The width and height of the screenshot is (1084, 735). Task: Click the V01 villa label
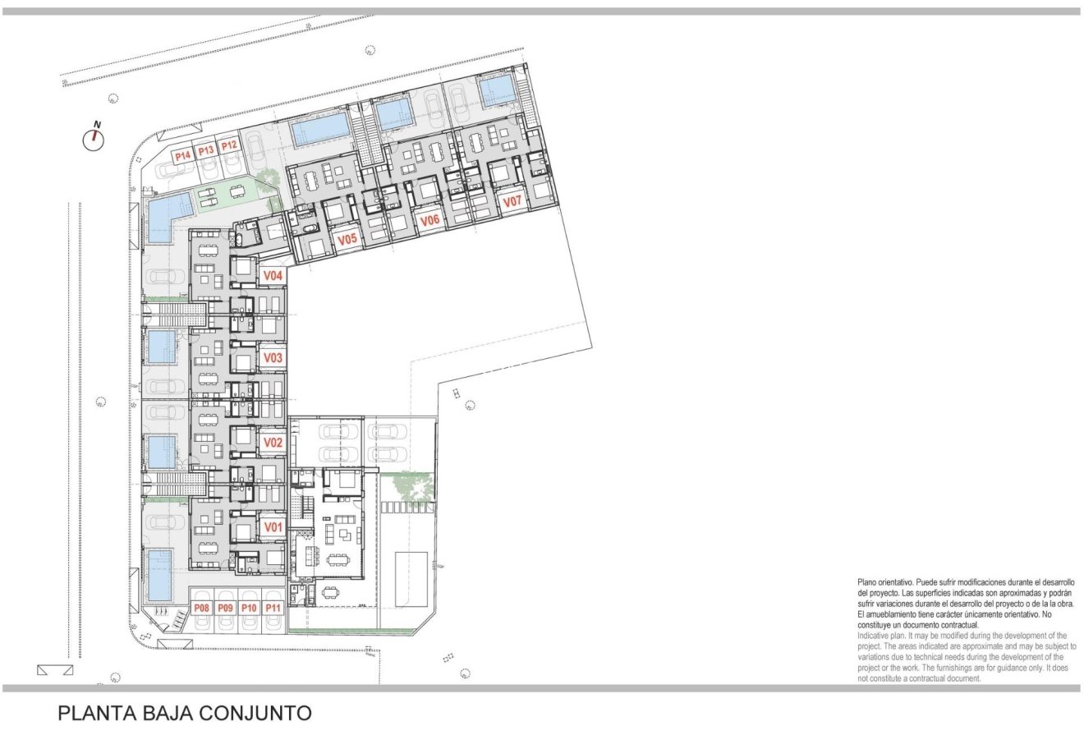point(273,526)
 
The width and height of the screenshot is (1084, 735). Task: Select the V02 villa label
point(273,443)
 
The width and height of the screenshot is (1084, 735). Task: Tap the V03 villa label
point(273,358)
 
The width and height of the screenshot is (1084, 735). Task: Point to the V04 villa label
point(273,276)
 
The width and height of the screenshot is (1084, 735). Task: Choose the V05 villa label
point(347,241)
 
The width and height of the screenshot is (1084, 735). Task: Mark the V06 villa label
point(429,220)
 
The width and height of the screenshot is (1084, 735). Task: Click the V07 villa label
point(512,201)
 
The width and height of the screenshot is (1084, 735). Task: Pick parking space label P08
point(201,609)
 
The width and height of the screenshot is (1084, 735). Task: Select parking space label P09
point(226,609)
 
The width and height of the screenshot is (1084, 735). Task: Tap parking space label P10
point(250,609)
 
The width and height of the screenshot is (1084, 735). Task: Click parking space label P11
point(273,609)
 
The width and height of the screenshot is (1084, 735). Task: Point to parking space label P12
point(229,146)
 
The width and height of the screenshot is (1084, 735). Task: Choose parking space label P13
point(205,150)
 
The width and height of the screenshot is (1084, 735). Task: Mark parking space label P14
point(181,154)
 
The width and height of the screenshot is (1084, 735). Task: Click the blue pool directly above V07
point(497,90)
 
